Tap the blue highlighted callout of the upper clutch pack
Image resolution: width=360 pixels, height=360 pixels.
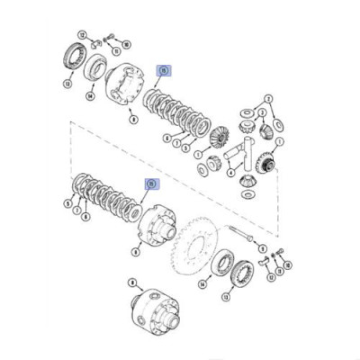click(x=163, y=68)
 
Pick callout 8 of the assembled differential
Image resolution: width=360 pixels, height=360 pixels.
click(x=133, y=282)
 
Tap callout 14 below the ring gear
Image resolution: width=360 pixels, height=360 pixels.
click(x=203, y=283)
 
